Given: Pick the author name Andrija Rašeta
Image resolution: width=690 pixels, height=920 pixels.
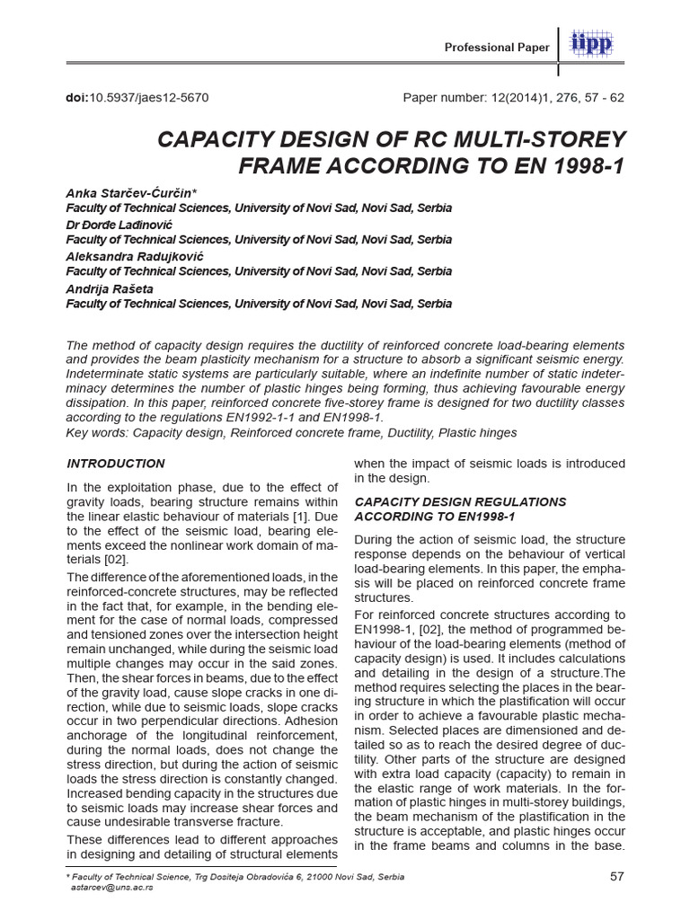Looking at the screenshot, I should pos(111,289).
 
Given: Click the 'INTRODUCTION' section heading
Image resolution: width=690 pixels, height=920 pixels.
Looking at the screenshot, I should pos(116,464).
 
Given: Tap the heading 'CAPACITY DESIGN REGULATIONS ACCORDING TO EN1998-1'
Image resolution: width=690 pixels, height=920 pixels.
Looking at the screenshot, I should pos(460,509).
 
